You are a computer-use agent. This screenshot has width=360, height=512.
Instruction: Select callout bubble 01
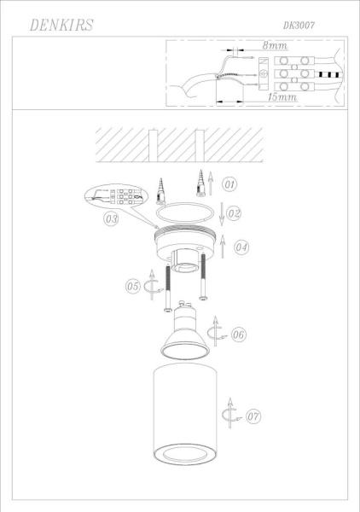click(229, 183)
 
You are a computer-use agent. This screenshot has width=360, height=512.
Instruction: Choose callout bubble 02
click(234, 212)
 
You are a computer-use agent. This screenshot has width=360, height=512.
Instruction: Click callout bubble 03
click(110, 218)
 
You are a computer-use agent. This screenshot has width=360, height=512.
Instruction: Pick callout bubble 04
click(241, 247)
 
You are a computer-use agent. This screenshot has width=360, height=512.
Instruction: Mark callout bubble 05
click(132, 287)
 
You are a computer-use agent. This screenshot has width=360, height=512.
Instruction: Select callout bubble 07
click(253, 417)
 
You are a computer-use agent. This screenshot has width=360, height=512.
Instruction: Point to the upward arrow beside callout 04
click(223, 247)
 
